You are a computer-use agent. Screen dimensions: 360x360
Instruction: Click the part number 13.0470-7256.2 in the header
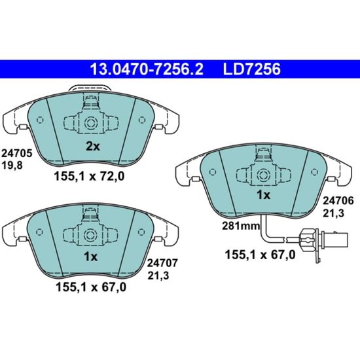(x=147, y=69)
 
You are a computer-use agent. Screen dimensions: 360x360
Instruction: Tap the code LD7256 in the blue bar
(x=251, y=69)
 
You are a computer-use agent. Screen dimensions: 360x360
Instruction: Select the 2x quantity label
(x=93, y=147)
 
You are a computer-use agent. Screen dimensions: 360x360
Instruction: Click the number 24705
(x=17, y=153)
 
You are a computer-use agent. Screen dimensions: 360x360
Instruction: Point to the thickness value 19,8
(x=12, y=165)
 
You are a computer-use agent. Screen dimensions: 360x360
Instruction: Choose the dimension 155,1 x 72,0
(x=89, y=176)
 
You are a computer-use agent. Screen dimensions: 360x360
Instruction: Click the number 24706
(x=338, y=201)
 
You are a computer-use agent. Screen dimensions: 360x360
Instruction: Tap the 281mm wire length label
(x=241, y=226)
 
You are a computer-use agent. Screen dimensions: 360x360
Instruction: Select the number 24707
(x=162, y=263)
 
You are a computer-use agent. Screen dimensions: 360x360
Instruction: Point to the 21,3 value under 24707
(x=158, y=276)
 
